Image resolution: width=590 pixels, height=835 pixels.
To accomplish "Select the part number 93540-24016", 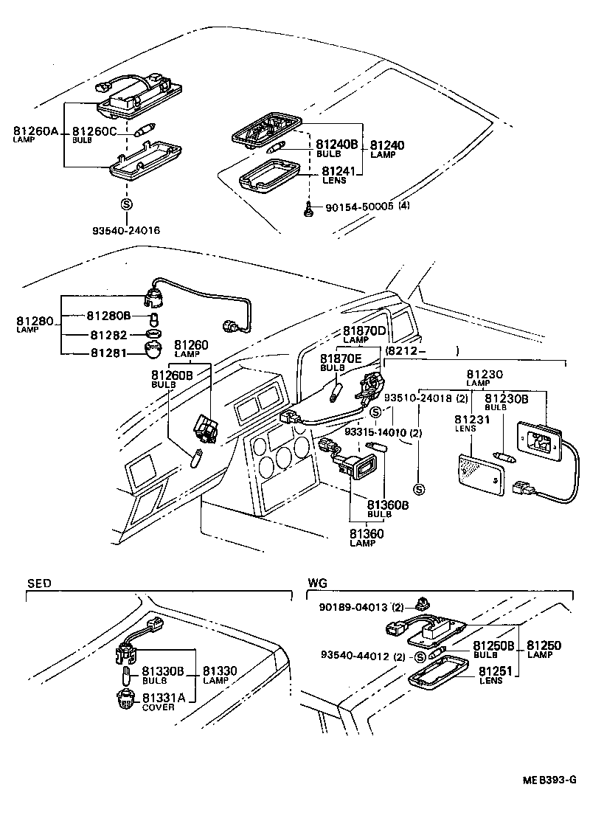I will pyautogui.click(x=125, y=230).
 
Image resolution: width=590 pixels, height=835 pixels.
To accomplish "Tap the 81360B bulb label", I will pyautogui.click(x=387, y=505).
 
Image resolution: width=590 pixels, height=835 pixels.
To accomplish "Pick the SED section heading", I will pyautogui.click(x=40, y=583).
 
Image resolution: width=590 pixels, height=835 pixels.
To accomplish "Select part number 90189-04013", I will pyautogui.click(x=353, y=607).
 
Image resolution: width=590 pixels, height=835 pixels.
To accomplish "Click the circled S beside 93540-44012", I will pyautogui.click(x=419, y=657).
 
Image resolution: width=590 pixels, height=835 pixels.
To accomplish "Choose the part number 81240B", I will pyautogui.click(x=336, y=145).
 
